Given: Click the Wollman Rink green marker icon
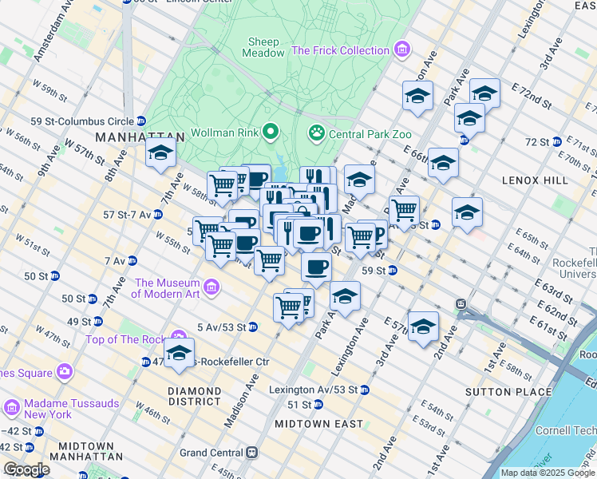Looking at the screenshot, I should (x=271, y=132).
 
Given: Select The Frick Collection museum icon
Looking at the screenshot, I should (x=401, y=50).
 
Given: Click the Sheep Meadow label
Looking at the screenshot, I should (x=264, y=47).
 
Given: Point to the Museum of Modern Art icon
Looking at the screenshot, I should (x=212, y=287).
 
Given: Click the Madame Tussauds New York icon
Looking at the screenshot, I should (x=12, y=408).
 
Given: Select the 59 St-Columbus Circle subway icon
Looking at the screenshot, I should (x=141, y=121).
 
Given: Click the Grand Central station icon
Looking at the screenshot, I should (x=252, y=453).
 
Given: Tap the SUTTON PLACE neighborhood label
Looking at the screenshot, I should (x=511, y=392).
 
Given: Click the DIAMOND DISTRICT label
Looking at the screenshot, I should (x=194, y=396).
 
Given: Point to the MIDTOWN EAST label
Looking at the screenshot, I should (x=318, y=424).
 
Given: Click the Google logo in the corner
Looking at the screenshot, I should (x=26, y=469).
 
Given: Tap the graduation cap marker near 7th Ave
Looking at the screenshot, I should (x=160, y=152).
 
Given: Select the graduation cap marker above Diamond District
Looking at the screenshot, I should (x=179, y=352).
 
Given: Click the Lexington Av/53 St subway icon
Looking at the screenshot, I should (x=364, y=390).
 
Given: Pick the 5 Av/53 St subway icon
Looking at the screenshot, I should (x=252, y=327).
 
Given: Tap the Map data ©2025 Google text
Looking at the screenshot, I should (x=548, y=473).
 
